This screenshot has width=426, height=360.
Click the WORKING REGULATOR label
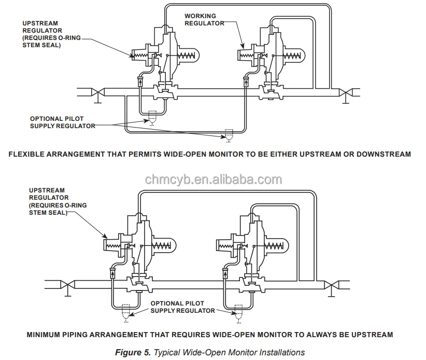point(204,19)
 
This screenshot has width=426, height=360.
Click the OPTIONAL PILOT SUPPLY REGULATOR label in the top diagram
point(62,122)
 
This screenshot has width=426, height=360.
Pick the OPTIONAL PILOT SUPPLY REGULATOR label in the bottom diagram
point(182,307)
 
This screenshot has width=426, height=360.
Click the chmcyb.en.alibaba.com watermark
point(214,179)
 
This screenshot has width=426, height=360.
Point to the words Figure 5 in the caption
point(133,352)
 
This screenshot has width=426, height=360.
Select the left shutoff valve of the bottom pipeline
point(67,284)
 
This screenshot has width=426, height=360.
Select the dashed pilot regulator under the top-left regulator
point(151,118)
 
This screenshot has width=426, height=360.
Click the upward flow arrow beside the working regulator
point(247,81)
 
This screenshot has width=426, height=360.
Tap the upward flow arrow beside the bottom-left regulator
point(112,272)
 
